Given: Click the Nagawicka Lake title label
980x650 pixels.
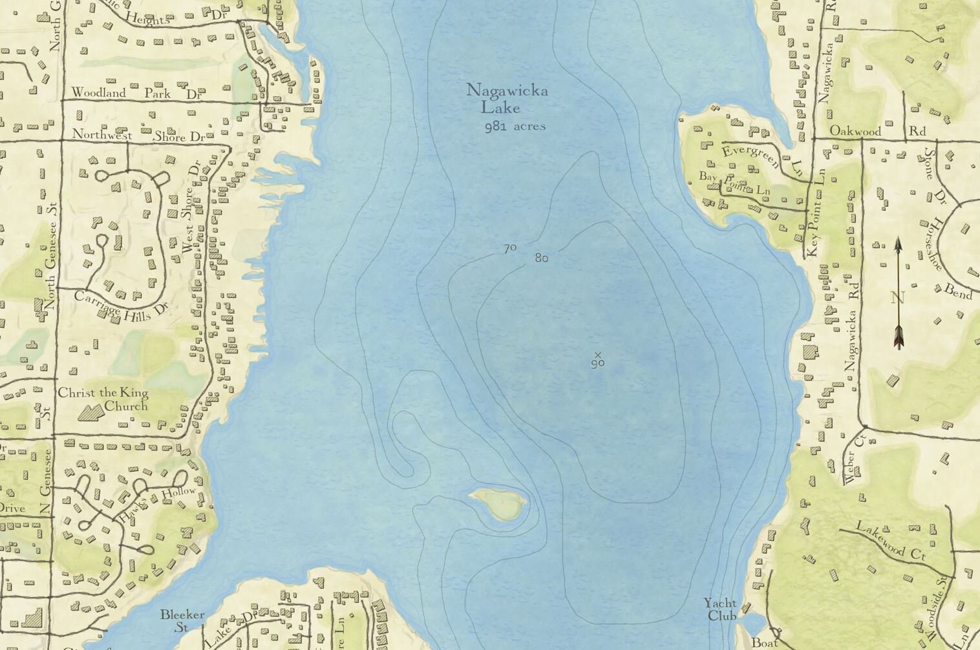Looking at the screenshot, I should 507,98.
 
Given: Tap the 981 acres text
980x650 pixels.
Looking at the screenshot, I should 515,127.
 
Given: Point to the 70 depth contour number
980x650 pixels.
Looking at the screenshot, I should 509,248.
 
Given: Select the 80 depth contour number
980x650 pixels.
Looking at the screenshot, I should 542,258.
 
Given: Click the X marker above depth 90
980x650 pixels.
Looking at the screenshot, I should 598,354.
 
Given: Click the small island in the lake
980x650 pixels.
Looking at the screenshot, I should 498,503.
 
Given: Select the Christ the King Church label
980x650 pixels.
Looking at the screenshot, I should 103,399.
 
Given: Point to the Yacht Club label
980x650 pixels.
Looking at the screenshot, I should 720,609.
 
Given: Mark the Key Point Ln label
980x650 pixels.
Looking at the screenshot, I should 816,213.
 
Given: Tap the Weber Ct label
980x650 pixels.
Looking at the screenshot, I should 851,459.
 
